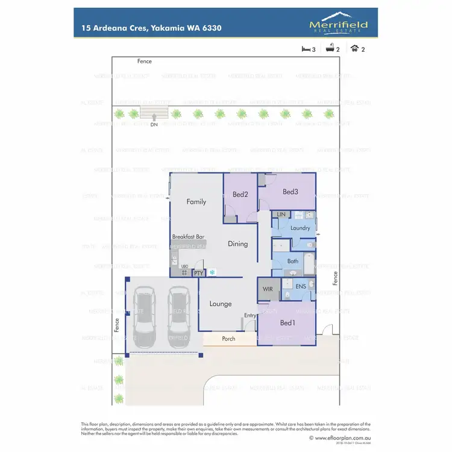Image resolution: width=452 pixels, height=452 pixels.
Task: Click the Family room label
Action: (196, 202)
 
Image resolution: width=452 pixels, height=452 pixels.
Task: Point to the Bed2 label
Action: (240, 194)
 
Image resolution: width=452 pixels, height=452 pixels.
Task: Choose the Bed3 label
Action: (290, 192)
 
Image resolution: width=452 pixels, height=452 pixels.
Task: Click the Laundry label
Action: (300, 228)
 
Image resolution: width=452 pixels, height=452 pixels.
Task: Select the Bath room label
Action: (293, 262)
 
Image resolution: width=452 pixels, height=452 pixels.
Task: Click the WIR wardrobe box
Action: (268, 289)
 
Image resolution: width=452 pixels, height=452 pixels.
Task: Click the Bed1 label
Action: (288, 323)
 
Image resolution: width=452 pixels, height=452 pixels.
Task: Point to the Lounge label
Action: (220, 304)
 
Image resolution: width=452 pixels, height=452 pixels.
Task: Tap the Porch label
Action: (228, 339)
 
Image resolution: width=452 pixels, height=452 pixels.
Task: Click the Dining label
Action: (237, 244)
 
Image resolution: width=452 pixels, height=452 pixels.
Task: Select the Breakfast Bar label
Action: (189, 237)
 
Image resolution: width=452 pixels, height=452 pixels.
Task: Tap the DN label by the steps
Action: (154, 124)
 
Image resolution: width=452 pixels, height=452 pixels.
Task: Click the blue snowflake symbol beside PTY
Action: (212, 272)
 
